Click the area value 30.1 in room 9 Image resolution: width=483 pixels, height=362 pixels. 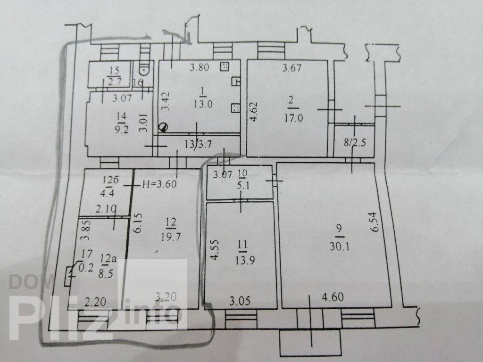(x=340, y=247)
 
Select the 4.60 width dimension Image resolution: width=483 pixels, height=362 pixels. (x=333, y=297)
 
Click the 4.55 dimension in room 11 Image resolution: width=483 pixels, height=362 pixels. (x=215, y=250)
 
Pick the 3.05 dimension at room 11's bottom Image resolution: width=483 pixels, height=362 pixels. (x=240, y=301)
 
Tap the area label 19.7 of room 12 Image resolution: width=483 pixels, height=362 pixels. (x=171, y=237)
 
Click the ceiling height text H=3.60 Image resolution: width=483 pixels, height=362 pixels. (x=159, y=184)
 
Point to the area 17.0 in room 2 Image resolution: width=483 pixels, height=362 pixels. (x=293, y=118)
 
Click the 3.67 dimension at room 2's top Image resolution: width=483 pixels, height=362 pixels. (x=291, y=67)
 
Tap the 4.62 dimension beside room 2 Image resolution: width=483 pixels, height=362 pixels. (x=253, y=111)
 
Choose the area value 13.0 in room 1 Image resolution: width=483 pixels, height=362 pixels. (x=203, y=104)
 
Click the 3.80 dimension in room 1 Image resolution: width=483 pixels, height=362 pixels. (x=200, y=67)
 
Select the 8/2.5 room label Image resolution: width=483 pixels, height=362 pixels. (x=355, y=143)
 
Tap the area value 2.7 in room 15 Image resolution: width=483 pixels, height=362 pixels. (x=114, y=82)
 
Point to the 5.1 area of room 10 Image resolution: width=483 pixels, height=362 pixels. (x=243, y=185)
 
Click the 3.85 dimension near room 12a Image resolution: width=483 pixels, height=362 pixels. (x=85, y=230)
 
